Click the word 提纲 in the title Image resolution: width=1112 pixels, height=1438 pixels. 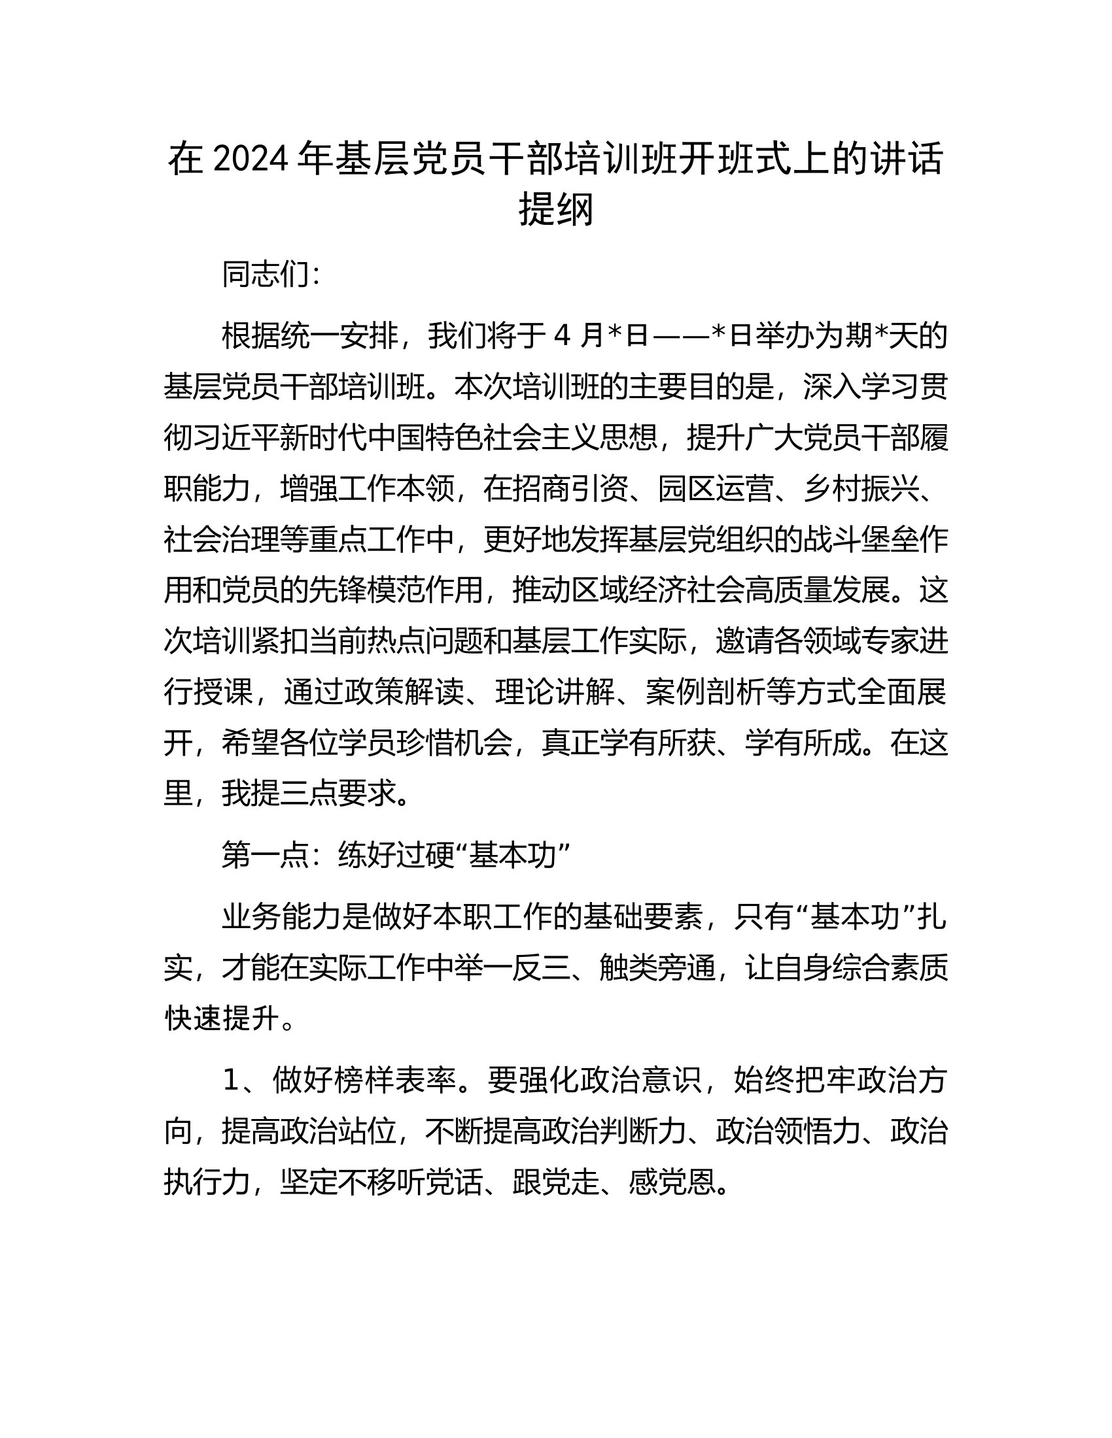click(556, 209)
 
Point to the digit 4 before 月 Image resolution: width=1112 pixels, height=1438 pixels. click(562, 336)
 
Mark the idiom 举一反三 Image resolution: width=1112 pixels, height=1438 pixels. click(513, 967)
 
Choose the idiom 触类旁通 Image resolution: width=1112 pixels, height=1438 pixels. click(658, 967)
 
